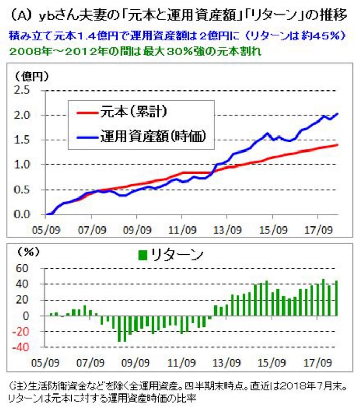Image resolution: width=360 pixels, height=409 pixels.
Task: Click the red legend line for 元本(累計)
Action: tap(89, 112)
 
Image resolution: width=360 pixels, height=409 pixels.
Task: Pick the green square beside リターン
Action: tap(143, 255)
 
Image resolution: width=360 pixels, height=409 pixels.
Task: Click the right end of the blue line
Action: tap(338, 113)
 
